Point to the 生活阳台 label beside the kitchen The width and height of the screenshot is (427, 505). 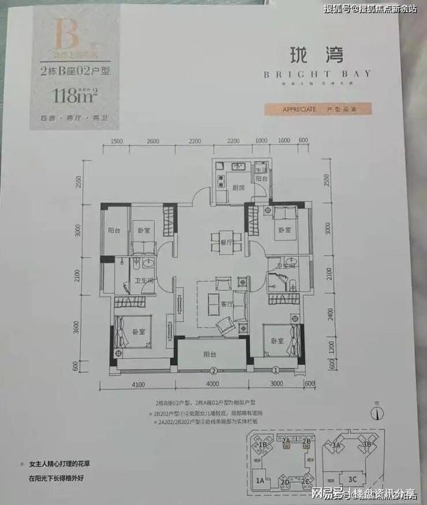(x=261, y=173)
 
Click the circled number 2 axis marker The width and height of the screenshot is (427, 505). (x=212, y=371)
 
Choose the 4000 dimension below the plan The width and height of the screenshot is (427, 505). (x=211, y=385)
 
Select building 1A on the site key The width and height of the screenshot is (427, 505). (x=260, y=481)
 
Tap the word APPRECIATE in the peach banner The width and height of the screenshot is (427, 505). (x=299, y=109)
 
